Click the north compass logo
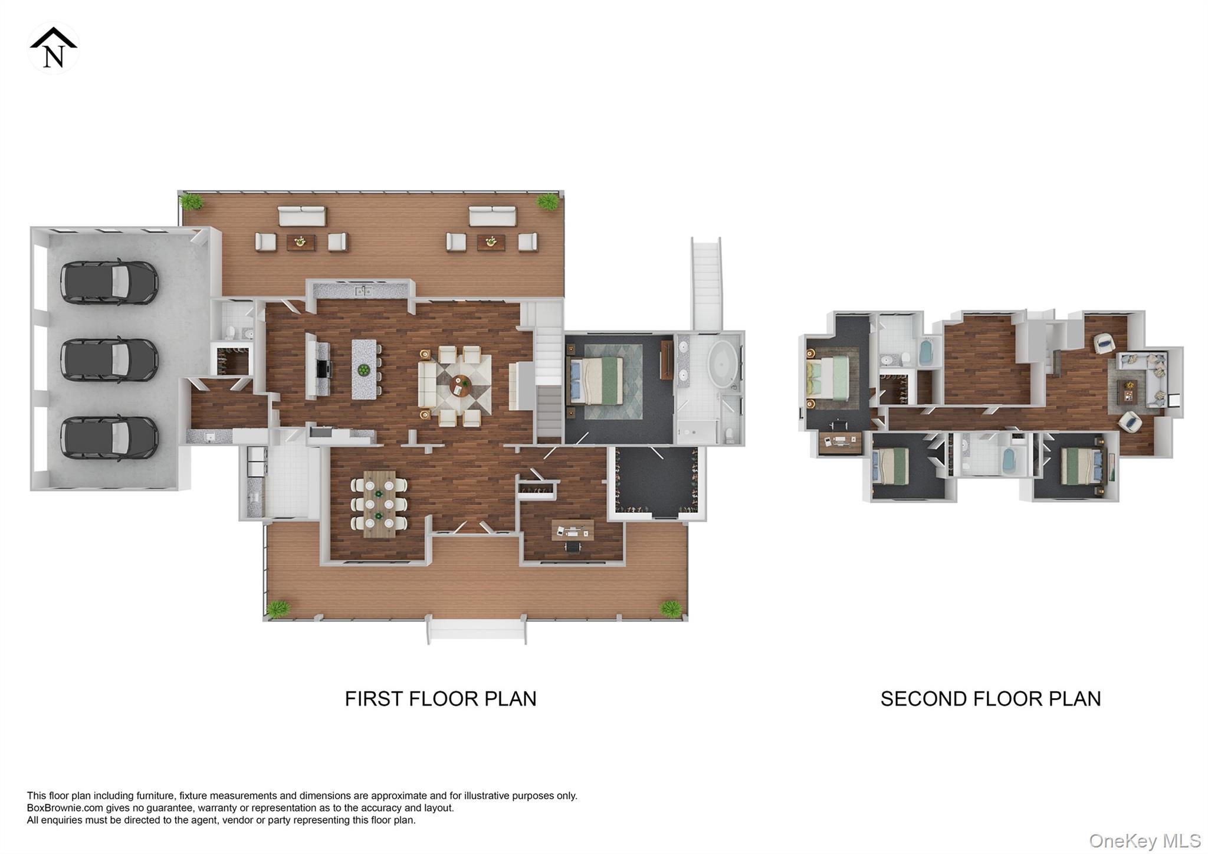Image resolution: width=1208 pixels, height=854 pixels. coord(53,48)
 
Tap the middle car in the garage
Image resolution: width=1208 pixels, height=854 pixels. coord(110,360)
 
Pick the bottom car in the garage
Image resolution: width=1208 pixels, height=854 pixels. coord(110,437)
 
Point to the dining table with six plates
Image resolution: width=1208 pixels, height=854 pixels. coord(379,503)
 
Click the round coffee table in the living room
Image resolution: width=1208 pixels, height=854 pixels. coord(460,386)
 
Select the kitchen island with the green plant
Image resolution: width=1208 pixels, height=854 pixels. coord(364,369)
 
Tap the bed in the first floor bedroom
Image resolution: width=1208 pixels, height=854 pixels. coord(595,381)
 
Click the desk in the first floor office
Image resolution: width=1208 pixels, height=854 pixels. coord(572,529)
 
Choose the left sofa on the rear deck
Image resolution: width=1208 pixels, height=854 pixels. coord(301,216)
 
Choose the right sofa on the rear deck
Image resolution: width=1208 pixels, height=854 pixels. coord(493,216)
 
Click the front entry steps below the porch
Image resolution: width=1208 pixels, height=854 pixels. coord(476,631)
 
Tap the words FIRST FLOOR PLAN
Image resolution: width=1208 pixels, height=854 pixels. coord(440,699)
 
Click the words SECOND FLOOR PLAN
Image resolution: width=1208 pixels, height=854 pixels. coord(990,699)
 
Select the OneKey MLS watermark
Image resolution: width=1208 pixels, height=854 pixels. coord(1144,840)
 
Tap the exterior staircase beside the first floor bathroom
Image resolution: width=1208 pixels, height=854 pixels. coord(706,283)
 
